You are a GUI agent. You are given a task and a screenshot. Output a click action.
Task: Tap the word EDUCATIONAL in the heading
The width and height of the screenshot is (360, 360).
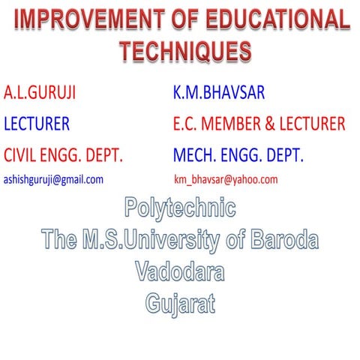277,20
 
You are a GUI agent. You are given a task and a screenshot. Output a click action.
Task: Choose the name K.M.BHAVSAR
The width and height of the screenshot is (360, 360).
218,94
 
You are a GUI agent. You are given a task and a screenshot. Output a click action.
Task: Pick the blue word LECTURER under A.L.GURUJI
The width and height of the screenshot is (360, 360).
37,124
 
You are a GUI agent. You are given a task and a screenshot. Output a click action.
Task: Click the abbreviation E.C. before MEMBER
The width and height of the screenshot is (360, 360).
184,124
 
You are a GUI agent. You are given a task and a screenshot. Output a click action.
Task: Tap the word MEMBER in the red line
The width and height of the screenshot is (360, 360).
232,124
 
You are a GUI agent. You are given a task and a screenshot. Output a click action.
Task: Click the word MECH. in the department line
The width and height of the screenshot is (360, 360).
194,156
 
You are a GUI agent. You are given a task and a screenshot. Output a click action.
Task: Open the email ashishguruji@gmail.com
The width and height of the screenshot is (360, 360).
53,180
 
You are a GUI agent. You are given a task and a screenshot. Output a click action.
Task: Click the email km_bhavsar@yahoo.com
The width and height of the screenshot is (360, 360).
225,180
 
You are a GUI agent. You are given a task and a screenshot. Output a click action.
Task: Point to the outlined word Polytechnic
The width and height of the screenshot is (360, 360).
180,208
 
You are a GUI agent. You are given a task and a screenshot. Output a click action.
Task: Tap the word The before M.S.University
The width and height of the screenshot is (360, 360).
59,240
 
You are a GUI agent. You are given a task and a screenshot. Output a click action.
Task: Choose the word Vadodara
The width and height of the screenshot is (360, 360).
180,271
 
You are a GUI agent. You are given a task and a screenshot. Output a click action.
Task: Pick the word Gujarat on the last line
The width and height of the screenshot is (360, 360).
180,304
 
